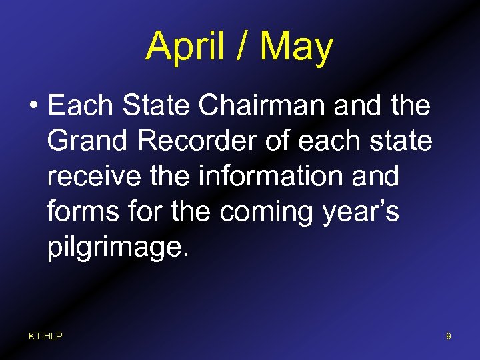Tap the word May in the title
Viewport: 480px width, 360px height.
(x=296, y=47)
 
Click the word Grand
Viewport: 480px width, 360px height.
(x=86, y=141)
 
